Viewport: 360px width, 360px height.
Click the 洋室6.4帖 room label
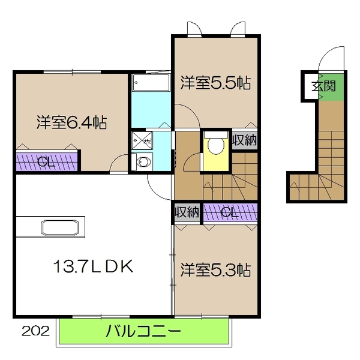(x=71, y=123)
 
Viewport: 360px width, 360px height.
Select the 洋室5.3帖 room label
(x=215, y=271)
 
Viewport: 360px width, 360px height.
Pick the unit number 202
(x=35, y=330)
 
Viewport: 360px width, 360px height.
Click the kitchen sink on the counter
(x=59, y=228)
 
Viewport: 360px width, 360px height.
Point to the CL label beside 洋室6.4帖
(x=43, y=162)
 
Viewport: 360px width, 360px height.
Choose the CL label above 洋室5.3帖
(x=229, y=212)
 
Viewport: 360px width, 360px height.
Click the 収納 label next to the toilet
(x=245, y=140)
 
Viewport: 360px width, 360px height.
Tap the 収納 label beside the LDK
(x=187, y=212)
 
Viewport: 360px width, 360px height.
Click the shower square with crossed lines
(x=143, y=140)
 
